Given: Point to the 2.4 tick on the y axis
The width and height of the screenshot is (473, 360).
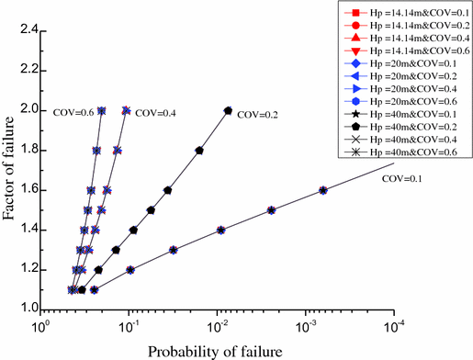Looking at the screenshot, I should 26,30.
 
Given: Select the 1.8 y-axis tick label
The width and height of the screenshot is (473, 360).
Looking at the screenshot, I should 26,150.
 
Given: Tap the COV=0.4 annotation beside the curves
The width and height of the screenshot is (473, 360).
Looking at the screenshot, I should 152,114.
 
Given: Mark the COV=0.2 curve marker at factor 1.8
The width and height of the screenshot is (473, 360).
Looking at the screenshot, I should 199,150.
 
